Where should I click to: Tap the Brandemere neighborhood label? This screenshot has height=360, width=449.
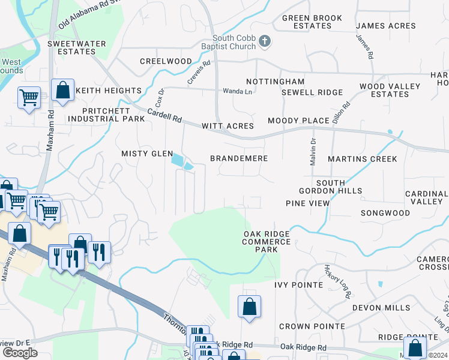click(238, 158)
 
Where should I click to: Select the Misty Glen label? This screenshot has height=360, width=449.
click(147, 154)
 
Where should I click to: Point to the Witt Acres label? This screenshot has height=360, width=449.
click(228, 126)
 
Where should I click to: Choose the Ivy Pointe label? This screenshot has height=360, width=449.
click(298, 284)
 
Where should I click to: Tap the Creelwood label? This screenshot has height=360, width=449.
click(166, 61)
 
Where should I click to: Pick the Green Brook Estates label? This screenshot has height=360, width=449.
click(307, 22)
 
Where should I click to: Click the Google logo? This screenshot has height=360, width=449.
click(20, 352)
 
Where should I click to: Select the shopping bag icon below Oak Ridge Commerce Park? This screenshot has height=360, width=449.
click(249, 307)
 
